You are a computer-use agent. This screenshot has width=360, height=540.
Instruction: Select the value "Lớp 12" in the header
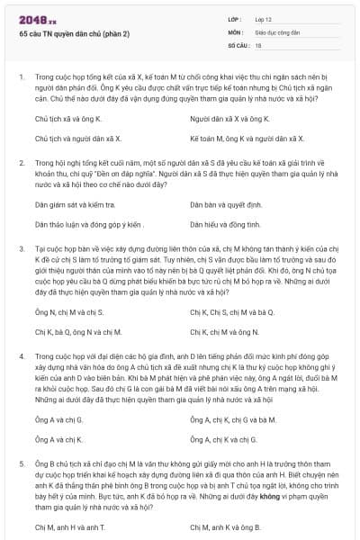click(265, 18)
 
